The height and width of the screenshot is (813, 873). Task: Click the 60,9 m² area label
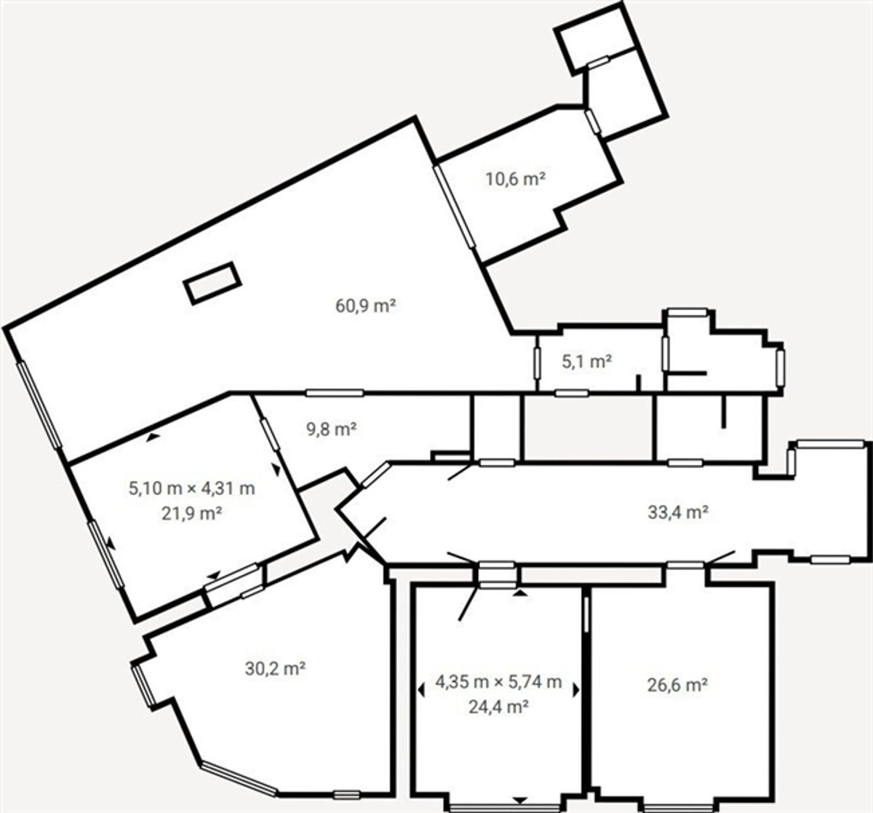[x=365, y=306]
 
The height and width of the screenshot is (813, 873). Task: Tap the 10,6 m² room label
[x=515, y=179]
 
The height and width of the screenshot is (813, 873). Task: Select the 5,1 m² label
[x=586, y=362]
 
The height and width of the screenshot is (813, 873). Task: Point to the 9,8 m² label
[x=331, y=429]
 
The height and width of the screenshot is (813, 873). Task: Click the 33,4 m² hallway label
[x=678, y=512]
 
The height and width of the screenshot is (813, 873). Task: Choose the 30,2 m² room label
[x=275, y=669]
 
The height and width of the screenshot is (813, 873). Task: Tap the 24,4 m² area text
[x=498, y=707]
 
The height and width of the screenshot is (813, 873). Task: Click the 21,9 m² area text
[x=191, y=513]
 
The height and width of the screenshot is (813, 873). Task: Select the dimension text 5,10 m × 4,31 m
[x=191, y=488]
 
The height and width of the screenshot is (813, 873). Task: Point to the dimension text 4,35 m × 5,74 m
[x=498, y=682]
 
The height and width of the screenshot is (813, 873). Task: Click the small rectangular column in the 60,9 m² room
[x=212, y=284]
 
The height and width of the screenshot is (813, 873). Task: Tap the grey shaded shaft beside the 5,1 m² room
[x=588, y=429]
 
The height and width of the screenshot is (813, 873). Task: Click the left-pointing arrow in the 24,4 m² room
[x=421, y=691]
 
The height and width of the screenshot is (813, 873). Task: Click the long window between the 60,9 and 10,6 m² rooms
[x=454, y=207]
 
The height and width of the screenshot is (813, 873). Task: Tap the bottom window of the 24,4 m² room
[x=505, y=808]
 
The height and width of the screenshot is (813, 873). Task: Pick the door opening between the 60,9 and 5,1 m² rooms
[x=537, y=363]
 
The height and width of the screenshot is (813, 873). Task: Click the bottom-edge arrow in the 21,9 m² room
[x=214, y=576]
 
